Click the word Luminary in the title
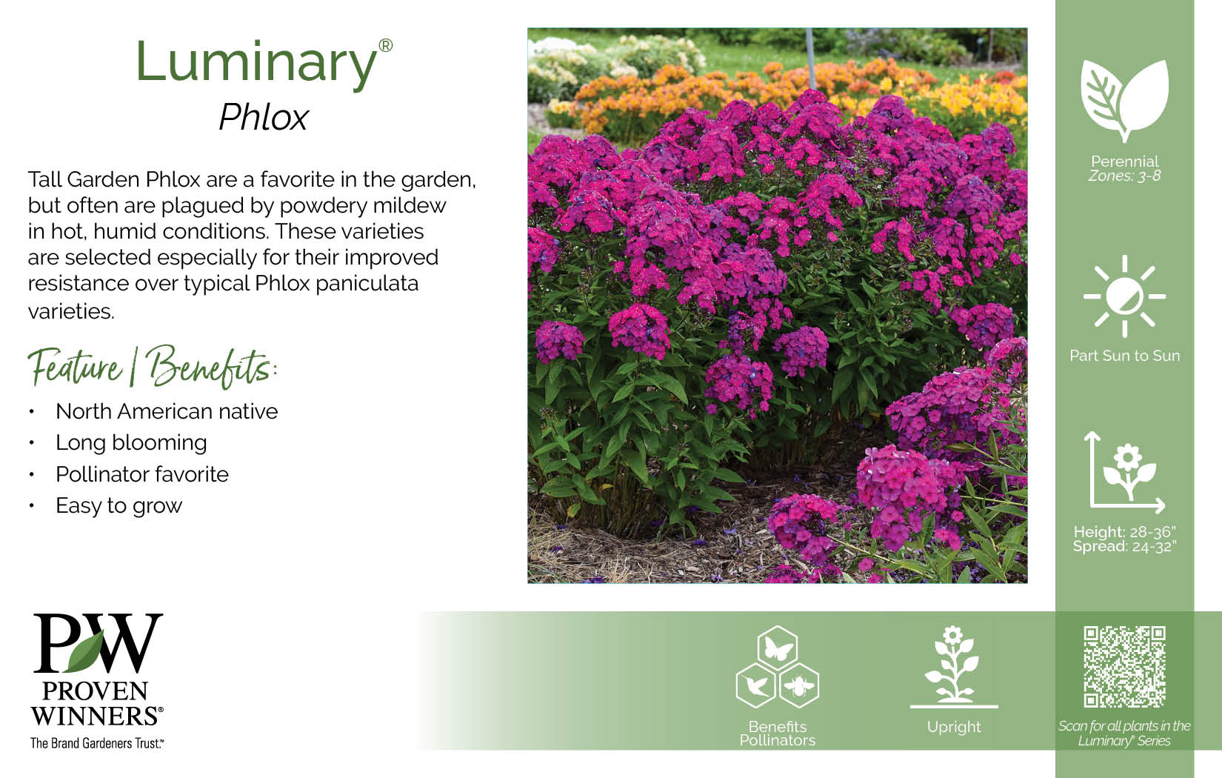coord(256,64)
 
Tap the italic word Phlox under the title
coord(264,117)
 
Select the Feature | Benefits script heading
coord(153,366)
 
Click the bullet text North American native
coord(167,411)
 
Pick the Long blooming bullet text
coord(132,443)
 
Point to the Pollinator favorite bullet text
coord(142,474)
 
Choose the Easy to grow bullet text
coord(119,506)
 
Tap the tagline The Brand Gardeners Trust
coord(97,743)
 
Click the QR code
coord(1124,667)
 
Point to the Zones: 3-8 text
coord(1124,176)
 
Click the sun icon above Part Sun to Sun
coord(1124,296)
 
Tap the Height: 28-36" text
coord(1124,532)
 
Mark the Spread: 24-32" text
coord(1124,546)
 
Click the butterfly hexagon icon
coord(778,647)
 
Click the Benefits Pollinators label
coord(778,734)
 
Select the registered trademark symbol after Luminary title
coord(386,45)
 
